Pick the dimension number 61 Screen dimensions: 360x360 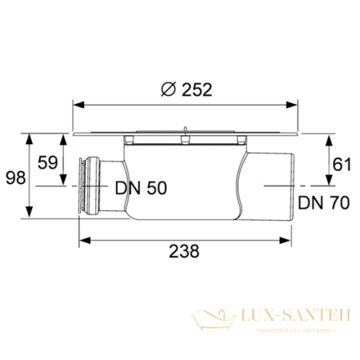342,164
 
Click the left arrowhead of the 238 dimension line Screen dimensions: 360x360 83,238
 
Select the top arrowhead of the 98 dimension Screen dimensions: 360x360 30,138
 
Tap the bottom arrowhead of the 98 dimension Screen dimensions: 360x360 30,216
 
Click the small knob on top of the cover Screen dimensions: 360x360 184,127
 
